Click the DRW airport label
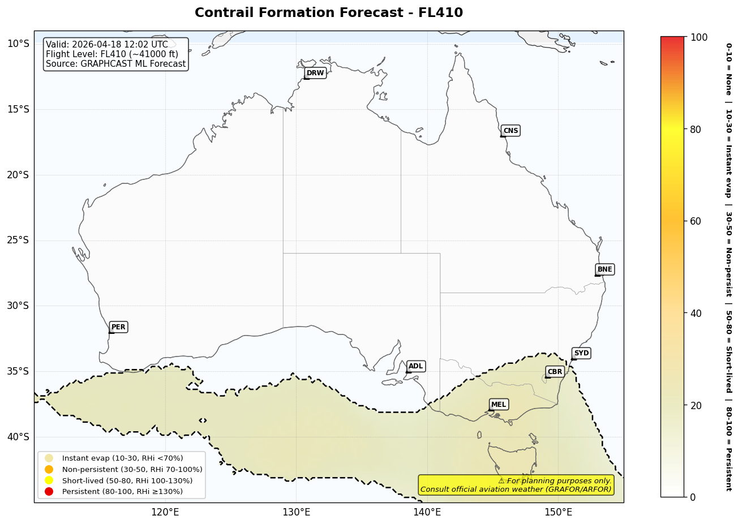point(315,73)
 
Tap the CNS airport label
point(510,131)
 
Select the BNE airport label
point(604,269)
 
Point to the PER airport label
point(118,327)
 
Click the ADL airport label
point(415,366)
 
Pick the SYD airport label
point(581,353)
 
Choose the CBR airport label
point(555,372)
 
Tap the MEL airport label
point(499,405)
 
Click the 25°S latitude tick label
point(18,240)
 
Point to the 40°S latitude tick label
point(18,437)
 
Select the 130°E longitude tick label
point(296,513)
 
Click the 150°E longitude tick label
point(558,513)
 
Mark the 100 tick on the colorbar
point(699,37)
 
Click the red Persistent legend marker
point(49,491)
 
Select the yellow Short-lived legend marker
point(49,480)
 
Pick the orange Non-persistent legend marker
point(49,469)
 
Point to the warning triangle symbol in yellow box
point(501,481)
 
